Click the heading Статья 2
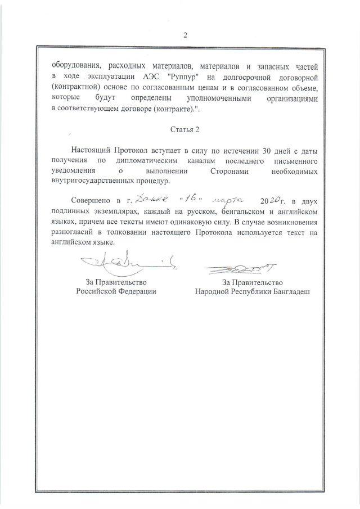click(184, 129)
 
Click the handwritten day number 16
click(191, 199)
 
